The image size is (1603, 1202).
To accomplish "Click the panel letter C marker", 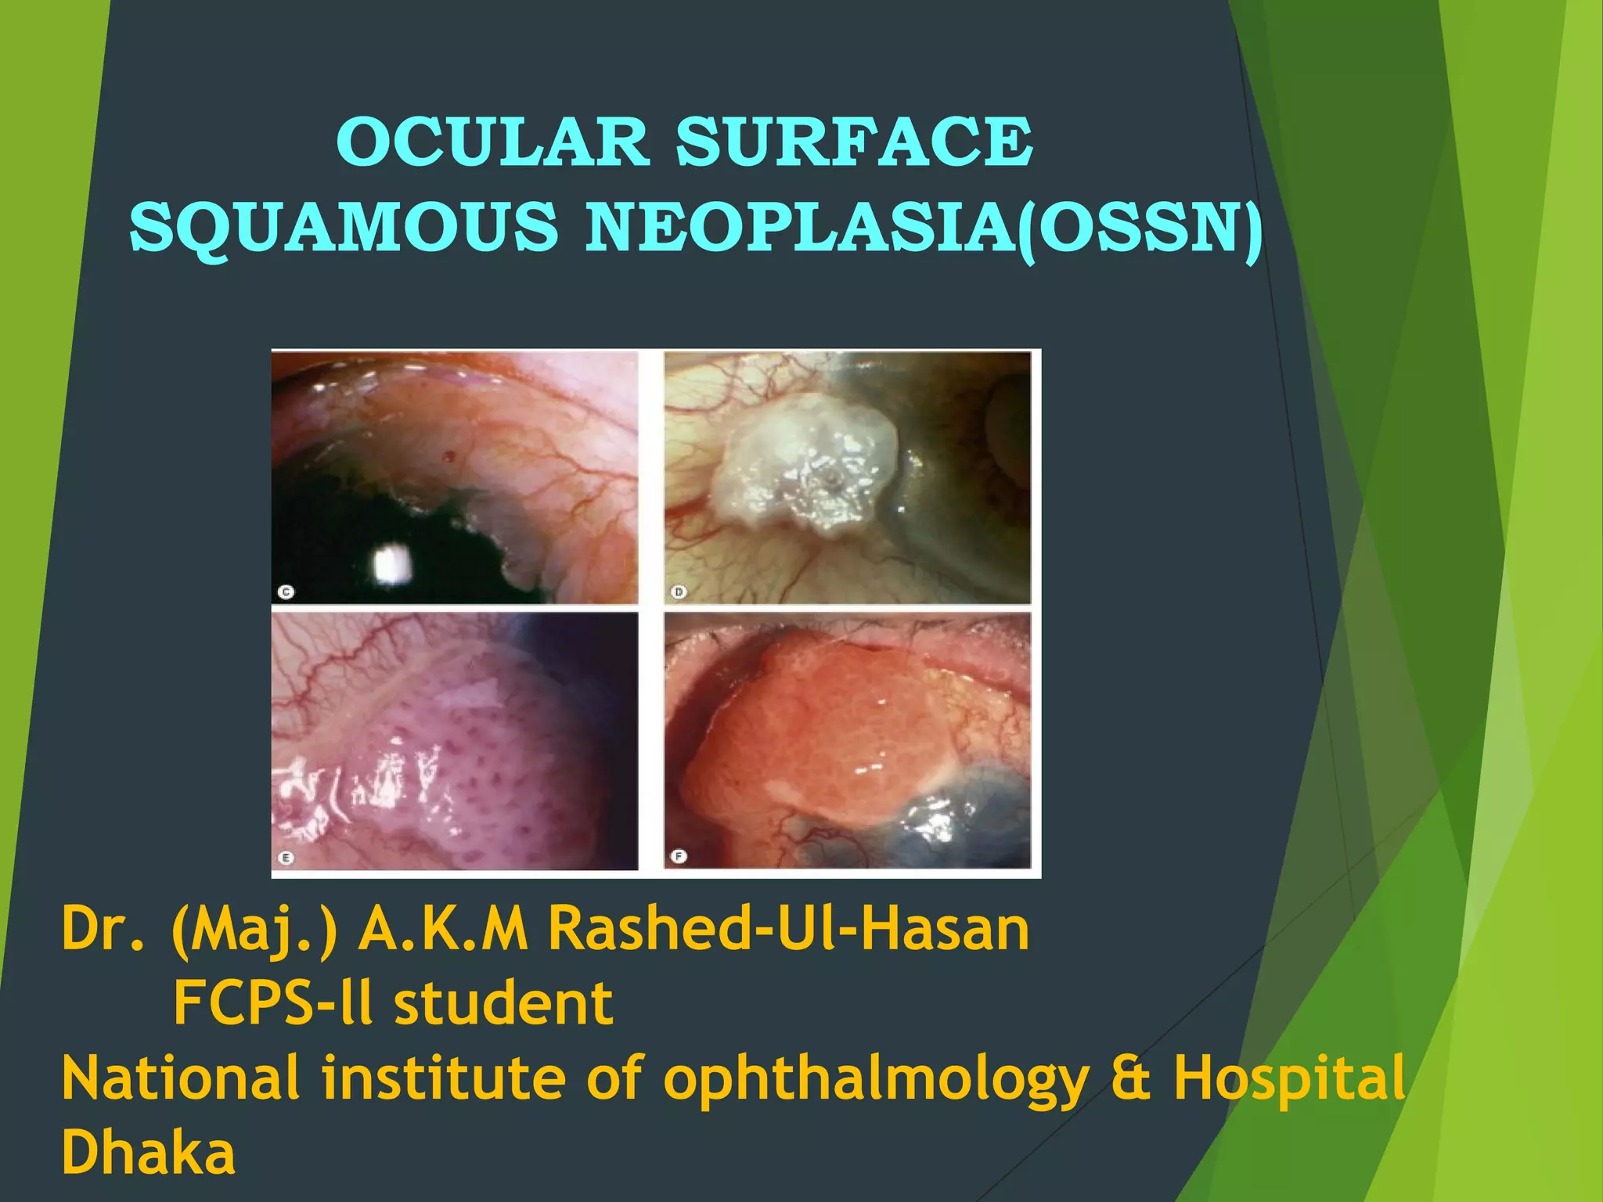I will (x=286, y=592).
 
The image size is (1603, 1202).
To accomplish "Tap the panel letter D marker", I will (x=679, y=592).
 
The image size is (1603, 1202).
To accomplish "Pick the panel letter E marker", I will (x=286, y=858).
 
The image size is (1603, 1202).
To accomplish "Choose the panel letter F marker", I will (x=679, y=856).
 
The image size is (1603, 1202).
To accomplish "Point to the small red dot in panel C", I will (x=448, y=455).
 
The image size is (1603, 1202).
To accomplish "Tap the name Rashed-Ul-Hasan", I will (x=787, y=929).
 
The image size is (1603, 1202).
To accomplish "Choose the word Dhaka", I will (x=148, y=1152).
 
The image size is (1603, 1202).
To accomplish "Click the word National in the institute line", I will (x=181, y=1078).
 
